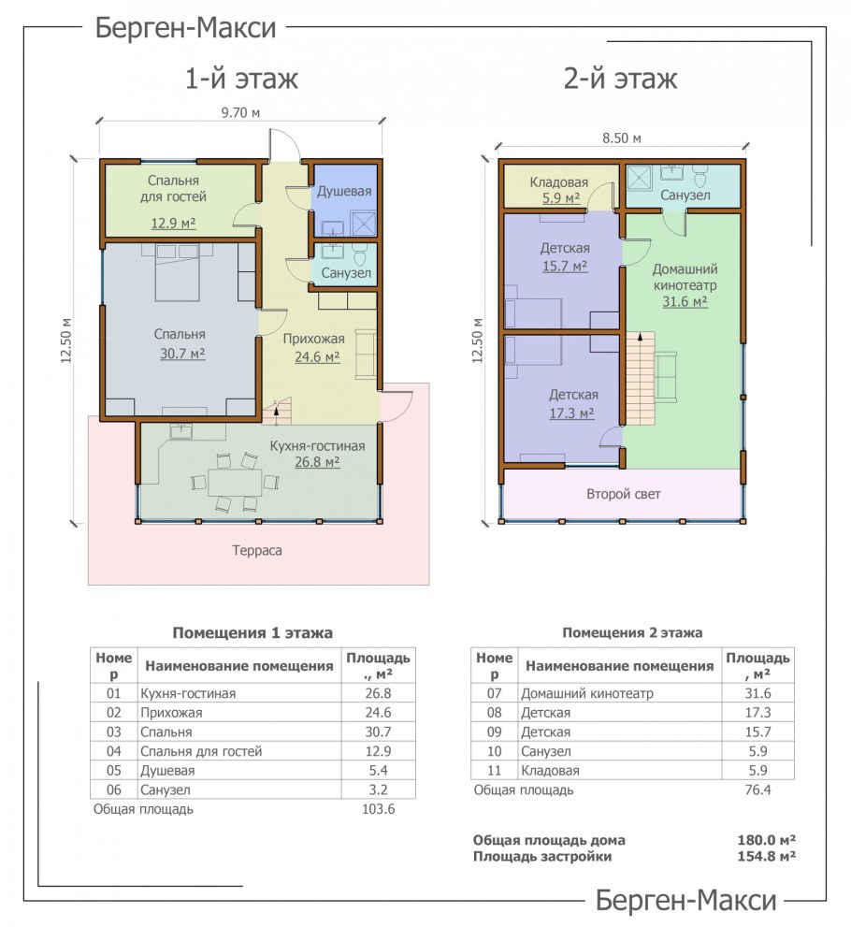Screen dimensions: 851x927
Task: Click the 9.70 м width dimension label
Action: point(240,112)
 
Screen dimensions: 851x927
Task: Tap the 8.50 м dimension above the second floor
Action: point(622,138)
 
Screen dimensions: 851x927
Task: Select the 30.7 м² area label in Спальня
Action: point(182,354)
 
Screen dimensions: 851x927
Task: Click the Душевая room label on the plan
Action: point(344,191)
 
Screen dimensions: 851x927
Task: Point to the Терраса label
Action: point(257,550)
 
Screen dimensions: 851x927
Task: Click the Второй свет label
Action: point(624,494)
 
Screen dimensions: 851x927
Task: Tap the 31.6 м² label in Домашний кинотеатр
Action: point(685,301)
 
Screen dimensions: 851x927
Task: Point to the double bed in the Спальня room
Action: point(178,272)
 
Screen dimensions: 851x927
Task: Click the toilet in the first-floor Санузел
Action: point(359,254)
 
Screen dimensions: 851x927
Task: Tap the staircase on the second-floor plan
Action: point(641,378)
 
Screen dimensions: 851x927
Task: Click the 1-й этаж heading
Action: point(241,79)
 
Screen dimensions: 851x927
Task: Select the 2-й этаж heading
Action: point(620,79)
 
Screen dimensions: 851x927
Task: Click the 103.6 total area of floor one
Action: point(378,809)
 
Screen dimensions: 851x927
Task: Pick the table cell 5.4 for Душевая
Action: point(378,771)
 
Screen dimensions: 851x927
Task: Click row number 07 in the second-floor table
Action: point(494,693)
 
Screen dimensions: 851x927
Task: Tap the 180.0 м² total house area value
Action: point(766,840)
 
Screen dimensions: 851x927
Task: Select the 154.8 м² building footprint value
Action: point(766,856)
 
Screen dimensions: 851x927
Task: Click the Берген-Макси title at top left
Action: point(185,28)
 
